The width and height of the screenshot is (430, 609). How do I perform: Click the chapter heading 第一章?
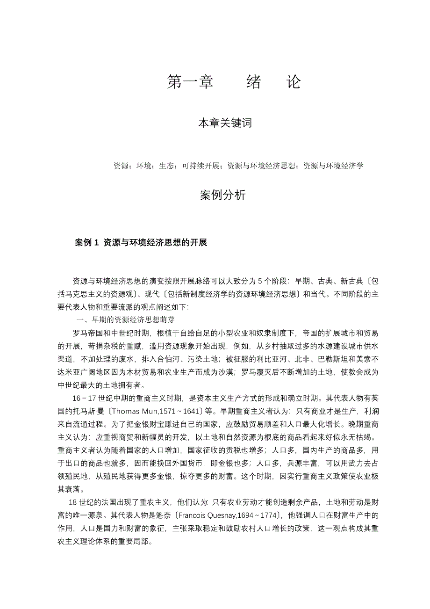coord(190,83)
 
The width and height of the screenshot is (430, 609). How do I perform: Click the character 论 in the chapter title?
coord(293,83)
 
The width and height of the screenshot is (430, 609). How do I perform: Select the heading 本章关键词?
coord(225,123)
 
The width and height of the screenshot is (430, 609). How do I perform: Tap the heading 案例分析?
coord(222,196)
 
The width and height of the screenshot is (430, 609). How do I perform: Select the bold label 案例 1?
coord(87,243)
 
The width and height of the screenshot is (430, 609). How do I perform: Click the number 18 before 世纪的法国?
coord(72,502)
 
